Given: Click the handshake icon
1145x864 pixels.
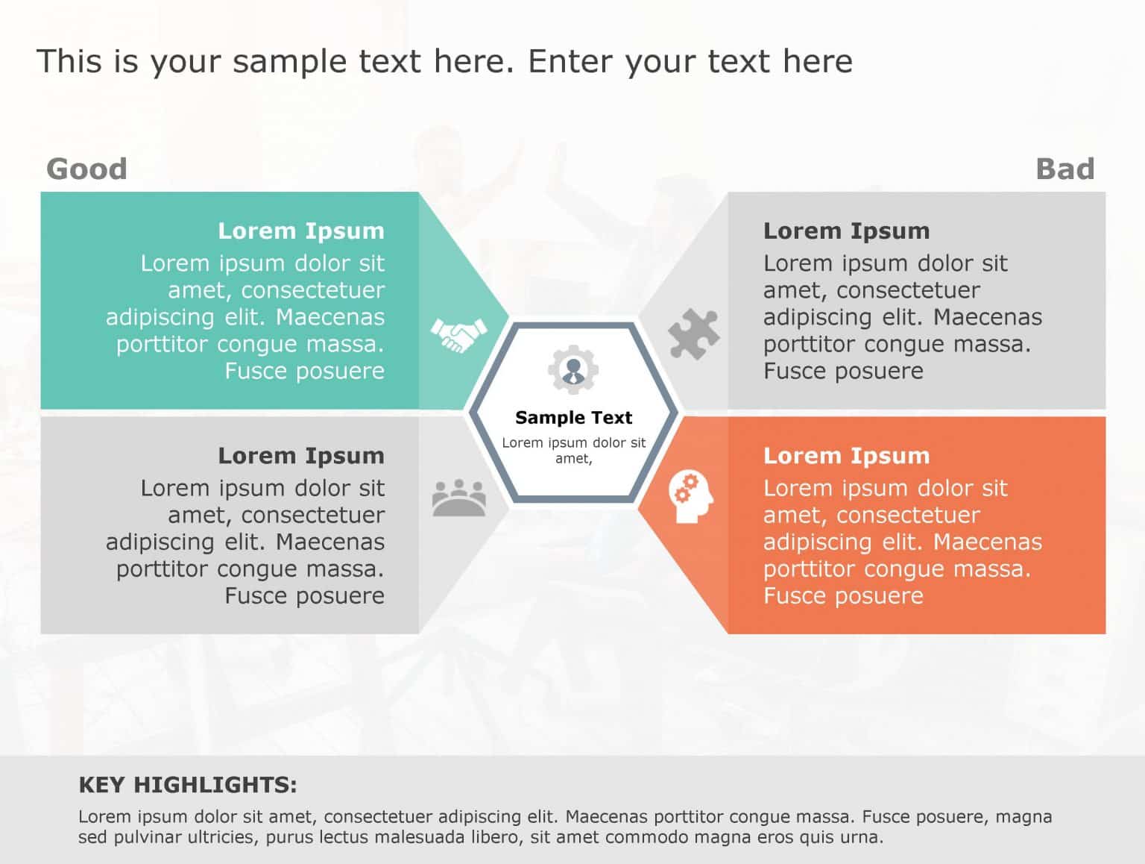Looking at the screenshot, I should tap(458, 334).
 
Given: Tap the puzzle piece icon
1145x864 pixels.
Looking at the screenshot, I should tap(693, 334).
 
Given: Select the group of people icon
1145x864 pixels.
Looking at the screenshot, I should tap(459, 498).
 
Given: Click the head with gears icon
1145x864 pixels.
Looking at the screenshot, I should tap(690, 497).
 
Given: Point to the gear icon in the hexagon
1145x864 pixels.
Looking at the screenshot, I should tap(572, 369).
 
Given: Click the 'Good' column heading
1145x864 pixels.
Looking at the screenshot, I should tap(86, 169).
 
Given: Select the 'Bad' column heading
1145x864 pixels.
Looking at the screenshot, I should tap(1064, 169).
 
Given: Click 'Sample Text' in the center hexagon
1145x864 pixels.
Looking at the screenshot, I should tap(573, 417).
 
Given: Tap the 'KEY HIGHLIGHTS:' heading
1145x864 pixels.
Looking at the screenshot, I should tap(188, 785).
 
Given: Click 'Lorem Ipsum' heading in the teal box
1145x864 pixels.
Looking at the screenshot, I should tap(301, 231).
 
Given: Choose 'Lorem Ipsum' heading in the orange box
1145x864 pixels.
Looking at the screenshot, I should tap(846, 456).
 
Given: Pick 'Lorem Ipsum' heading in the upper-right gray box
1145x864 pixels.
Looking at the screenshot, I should tap(846, 231).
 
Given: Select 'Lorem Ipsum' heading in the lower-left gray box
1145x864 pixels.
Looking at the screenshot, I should tap(301, 456).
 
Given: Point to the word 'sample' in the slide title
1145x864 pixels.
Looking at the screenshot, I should tap(289, 62).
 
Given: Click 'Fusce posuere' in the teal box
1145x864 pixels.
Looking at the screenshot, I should tap(304, 371).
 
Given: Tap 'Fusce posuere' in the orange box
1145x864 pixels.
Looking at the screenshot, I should tap(843, 595).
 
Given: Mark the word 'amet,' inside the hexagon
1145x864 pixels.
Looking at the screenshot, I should tap(573, 459).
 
